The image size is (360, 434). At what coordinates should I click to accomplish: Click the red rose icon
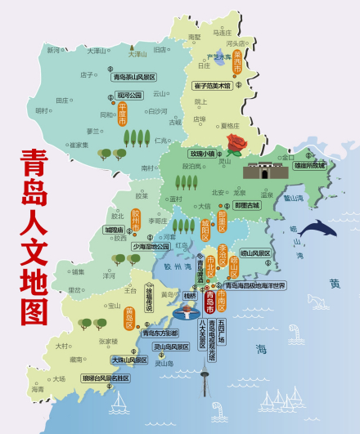coord(236,145)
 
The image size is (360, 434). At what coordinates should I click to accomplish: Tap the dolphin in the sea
coord(317,229)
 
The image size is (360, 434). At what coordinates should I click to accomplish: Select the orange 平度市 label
coord(123,114)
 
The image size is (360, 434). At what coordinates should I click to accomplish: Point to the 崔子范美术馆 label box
coord(214,85)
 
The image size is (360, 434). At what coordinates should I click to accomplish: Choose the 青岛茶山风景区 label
coord(134,77)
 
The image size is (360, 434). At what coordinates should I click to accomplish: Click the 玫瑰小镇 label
coord(202,153)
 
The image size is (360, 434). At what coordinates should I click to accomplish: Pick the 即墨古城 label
coord(246,205)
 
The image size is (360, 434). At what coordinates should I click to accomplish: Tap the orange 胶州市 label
coord(136,220)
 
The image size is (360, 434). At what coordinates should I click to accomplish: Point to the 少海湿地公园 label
coord(146,245)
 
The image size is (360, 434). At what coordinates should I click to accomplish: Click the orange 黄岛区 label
coord(129,315)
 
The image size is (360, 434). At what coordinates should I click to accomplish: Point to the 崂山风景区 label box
coord(254,253)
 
